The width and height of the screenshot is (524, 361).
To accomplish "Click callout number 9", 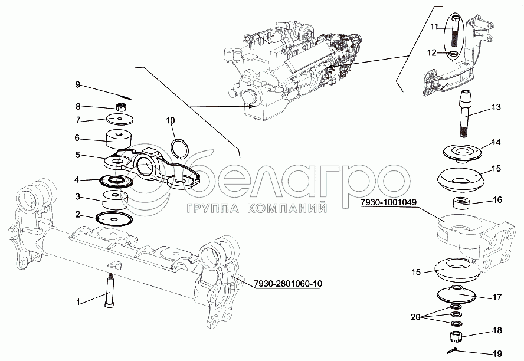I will (x=77, y=84).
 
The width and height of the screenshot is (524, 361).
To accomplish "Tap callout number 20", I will (x=415, y=316).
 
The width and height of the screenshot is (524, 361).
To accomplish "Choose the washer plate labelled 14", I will (x=463, y=152).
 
